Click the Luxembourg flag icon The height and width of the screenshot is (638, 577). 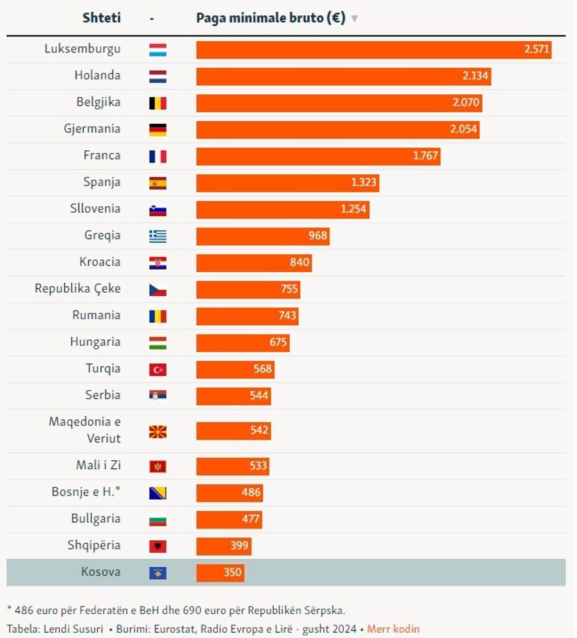[x=158, y=50]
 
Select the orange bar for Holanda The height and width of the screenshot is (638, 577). [x=343, y=77]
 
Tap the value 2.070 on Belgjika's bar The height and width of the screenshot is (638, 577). [x=466, y=103]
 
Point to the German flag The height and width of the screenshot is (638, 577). [x=158, y=130]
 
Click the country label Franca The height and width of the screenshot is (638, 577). [x=102, y=156]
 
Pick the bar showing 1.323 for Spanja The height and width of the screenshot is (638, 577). [x=287, y=183]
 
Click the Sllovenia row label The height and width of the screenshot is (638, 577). [x=95, y=209]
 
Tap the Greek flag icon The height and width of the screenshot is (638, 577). [x=158, y=236]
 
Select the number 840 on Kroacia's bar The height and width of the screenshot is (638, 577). [x=299, y=262]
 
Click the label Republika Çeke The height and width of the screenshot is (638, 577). [x=78, y=289]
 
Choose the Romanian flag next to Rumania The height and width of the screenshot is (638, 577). [x=158, y=316]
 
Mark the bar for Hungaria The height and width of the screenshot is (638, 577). [x=243, y=342]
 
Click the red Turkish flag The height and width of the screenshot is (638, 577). [x=158, y=370]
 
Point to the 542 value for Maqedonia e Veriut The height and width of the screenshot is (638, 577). [x=259, y=431]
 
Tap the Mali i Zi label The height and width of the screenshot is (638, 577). [x=98, y=465]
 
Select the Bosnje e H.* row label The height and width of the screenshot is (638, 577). [x=86, y=492]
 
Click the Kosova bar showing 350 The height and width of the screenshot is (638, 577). [x=220, y=573]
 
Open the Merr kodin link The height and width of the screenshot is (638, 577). [x=393, y=629]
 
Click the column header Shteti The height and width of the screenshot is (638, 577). [x=101, y=18]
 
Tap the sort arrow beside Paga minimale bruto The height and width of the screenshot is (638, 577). [x=354, y=18]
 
